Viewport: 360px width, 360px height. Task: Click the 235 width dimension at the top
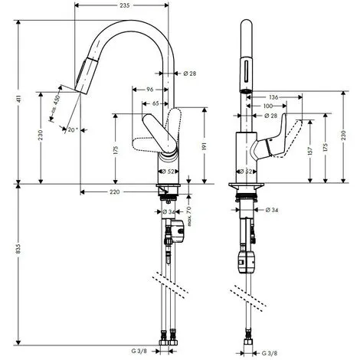125,5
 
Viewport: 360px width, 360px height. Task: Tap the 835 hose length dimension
18,248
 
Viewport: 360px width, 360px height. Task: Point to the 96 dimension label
150,90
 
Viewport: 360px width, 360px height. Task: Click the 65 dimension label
155,103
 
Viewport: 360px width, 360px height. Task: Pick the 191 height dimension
205,146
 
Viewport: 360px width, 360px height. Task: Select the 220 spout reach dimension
114,191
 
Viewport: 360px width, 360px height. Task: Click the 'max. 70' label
189,216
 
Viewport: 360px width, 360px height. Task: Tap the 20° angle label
73,130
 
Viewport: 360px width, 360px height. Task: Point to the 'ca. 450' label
55,103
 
